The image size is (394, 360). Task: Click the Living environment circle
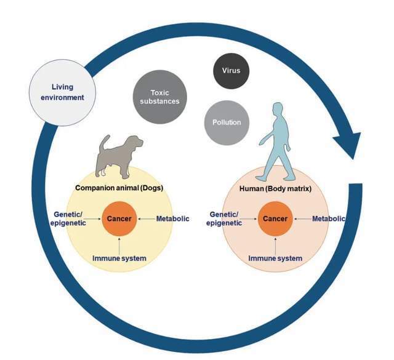point(63,92)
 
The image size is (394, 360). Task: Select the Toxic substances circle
point(160,97)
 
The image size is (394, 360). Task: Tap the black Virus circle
point(231,71)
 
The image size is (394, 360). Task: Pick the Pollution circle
point(227,122)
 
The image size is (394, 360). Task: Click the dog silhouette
point(118,157)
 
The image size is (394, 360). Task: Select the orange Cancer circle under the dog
point(119,219)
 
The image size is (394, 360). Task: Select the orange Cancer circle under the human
point(275,219)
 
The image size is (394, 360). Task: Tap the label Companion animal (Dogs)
point(119,188)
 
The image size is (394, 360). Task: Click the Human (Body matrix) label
point(275,189)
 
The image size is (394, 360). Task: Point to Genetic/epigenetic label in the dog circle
point(68,218)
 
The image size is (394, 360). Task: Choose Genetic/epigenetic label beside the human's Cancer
point(224,218)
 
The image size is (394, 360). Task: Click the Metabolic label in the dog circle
point(173,219)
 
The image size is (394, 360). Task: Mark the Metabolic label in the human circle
point(328,219)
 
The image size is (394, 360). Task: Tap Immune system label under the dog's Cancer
point(119,258)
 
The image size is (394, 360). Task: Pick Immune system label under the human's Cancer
point(275,258)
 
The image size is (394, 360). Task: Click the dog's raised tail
point(104,143)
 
